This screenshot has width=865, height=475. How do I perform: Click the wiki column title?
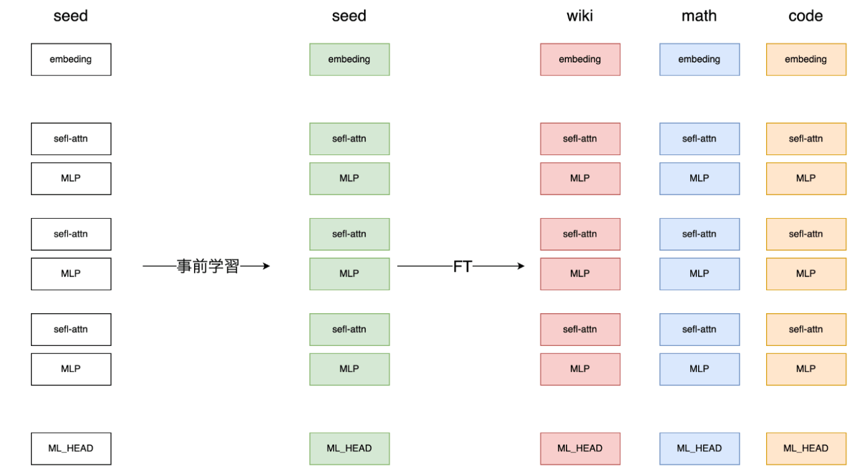tap(580, 16)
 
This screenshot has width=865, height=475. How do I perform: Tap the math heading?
tap(699, 16)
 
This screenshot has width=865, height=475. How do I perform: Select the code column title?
tap(806, 16)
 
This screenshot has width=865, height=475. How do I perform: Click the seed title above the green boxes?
tap(349, 16)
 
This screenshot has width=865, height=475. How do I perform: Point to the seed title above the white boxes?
tap(70, 16)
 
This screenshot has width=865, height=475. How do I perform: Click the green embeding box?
tap(350, 59)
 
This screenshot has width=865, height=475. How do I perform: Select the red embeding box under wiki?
tap(580, 59)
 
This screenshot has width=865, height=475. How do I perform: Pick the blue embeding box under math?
tap(699, 59)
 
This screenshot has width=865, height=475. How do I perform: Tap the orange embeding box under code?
tap(806, 59)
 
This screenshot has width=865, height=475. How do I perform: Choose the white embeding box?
tap(71, 59)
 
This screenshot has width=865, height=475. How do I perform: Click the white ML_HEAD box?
tap(71, 448)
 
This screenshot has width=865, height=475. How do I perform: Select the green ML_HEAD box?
tap(350, 448)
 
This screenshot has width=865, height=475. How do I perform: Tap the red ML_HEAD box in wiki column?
tap(580, 448)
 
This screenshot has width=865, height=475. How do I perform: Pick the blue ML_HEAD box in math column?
tap(699, 448)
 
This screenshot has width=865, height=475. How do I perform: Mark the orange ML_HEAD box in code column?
tap(806, 448)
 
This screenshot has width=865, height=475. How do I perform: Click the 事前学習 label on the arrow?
tap(208, 266)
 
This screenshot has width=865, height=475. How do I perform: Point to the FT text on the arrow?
tap(462, 266)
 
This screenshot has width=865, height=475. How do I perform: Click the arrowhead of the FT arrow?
tap(521, 266)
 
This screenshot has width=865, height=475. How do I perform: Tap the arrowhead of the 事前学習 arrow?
tap(266, 266)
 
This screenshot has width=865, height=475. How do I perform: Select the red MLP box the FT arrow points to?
tap(580, 274)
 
